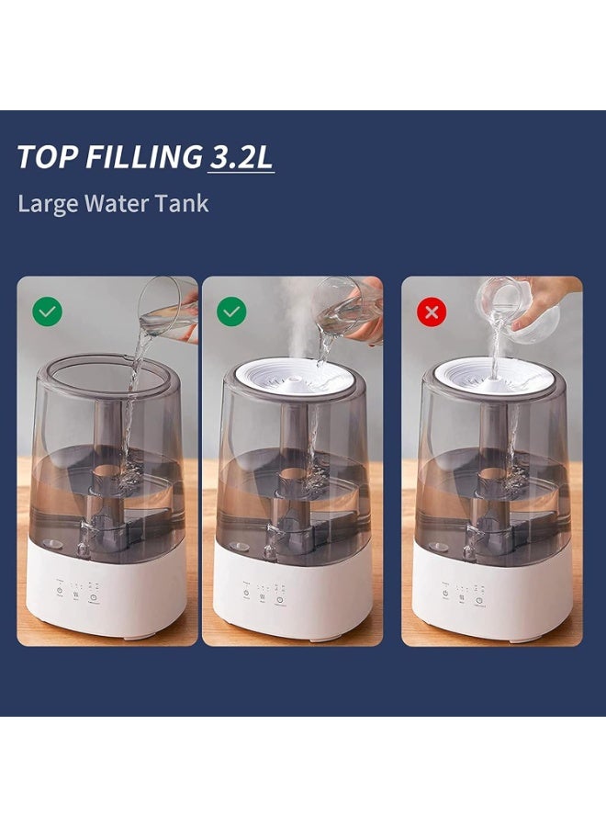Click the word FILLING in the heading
tap(143, 157)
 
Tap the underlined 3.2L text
tap(241, 157)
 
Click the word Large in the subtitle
tap(47, 203)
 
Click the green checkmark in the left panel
tap(47, 312)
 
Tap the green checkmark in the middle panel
tap(231, 312)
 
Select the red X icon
tap(431, 312)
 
